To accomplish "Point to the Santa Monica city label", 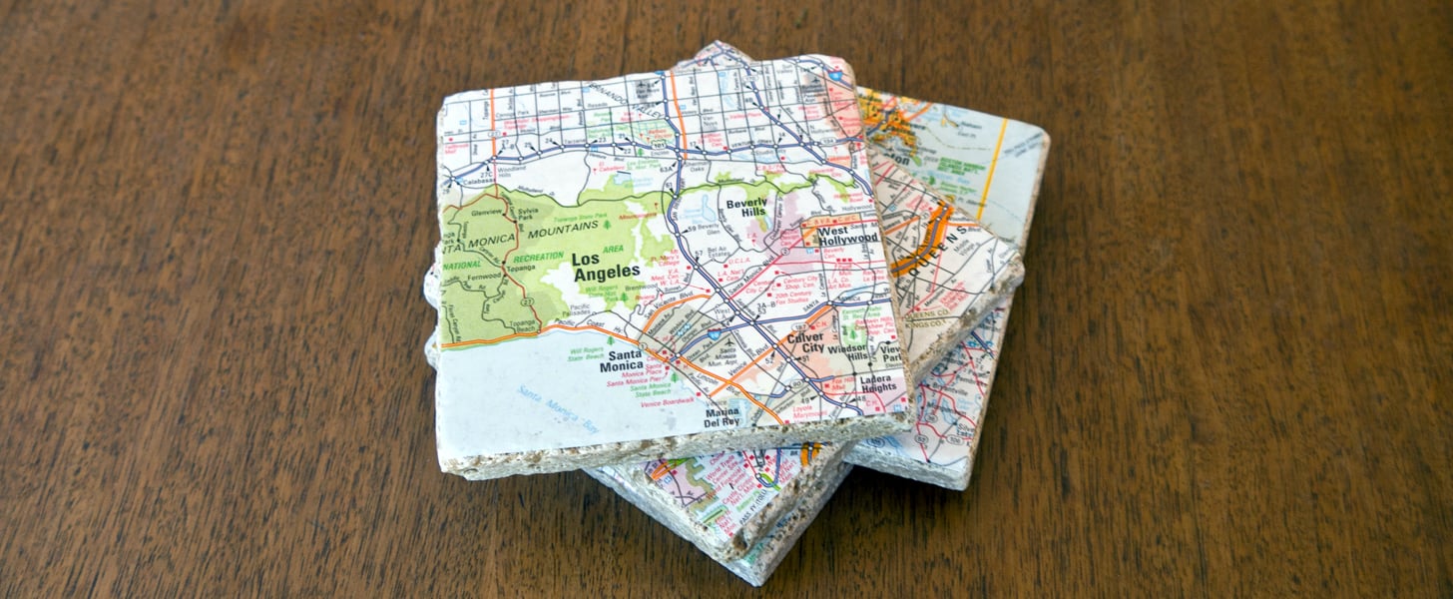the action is pos(622,360).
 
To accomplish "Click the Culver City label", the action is pos(805,343).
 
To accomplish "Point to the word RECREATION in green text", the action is pos(540,258).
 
